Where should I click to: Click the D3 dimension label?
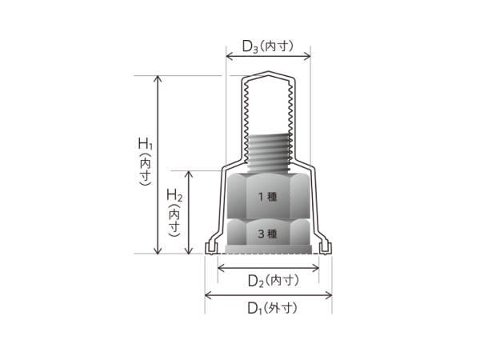(268, 46)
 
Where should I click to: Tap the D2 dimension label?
(273, 281)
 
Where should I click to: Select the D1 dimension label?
(272, 308)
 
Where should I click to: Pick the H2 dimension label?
(174, 213)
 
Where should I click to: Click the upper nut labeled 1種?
(268, 196)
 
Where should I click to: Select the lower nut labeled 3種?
(268, 234)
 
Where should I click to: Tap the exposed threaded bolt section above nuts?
(270, 152)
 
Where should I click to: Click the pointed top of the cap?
(269, 72)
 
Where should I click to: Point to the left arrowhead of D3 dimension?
(229, 56)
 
